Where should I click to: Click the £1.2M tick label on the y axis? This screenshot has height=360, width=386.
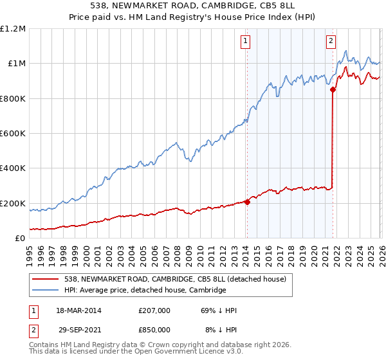click(13, 29)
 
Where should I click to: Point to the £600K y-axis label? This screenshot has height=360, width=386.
click(13, 134)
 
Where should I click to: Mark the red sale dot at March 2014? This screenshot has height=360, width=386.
click(247, 202)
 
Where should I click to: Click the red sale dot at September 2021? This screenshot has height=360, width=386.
click(333, 90)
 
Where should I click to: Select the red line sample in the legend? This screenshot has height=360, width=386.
click(46, 279)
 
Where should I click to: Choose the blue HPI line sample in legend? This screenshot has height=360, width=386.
click(46, 291)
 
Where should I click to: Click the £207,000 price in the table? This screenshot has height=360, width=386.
click(154, 310)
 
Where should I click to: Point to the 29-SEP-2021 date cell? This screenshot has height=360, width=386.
click(78, 329)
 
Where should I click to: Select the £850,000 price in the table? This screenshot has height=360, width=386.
click(154, 329)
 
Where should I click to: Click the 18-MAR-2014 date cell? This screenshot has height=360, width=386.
click(78, 310)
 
